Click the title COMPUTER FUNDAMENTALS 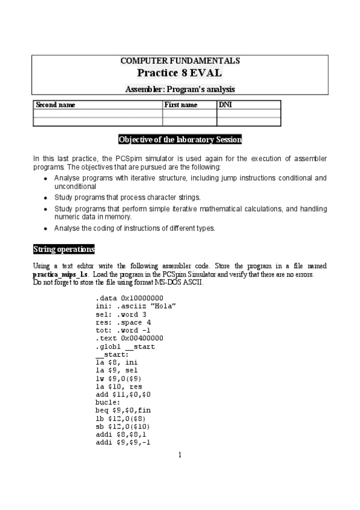pos(180,61)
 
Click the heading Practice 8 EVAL pos(180,73)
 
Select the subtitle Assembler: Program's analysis pos(180,89)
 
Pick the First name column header pos(181,105)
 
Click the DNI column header pos(224,105)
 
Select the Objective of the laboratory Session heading pos(180,140)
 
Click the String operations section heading pos(64,249)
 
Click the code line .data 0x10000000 pos(129,298)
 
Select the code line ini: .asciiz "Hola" pos(135,306)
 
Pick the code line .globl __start pos(124,347)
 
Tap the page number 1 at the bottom pos(180,455)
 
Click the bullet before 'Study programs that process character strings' pos(46,197)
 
